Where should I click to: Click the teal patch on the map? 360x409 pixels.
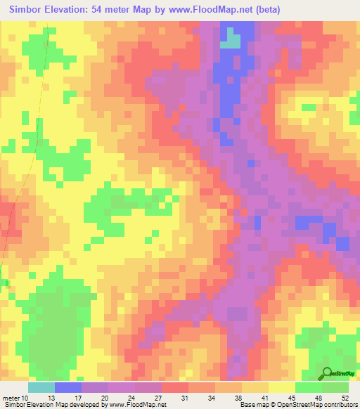coord(230,42)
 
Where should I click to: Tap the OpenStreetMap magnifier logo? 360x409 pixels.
coord(327,375)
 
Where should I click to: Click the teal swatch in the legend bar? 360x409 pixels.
coord(41,387)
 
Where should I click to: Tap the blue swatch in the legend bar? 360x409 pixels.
coord(68,387)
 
